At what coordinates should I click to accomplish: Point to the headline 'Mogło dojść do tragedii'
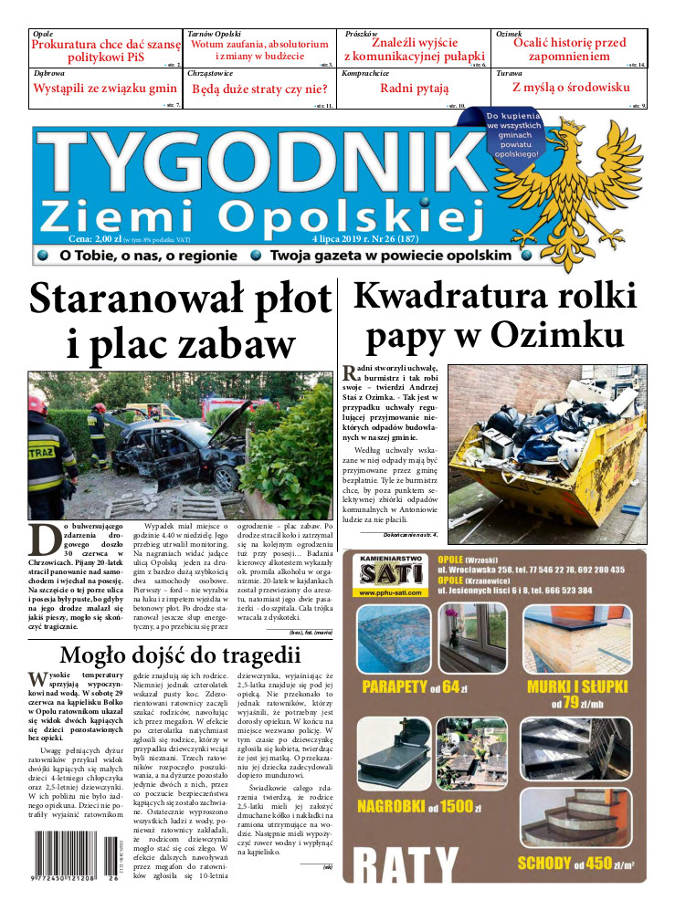(x=179, y=655)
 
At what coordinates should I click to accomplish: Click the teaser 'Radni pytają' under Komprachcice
(x=414, y=89)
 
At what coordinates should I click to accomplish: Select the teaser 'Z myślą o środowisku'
(x=571, y=88)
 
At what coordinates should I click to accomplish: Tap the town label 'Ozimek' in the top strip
(x=509, y=34)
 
